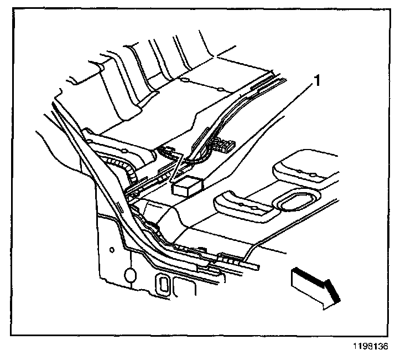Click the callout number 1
pos(318,81)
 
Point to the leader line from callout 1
pos(243,130)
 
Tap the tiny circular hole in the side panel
pos(112,250)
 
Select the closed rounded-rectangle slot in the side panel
pos(164,283)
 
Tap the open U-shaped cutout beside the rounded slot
pos(182,286)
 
